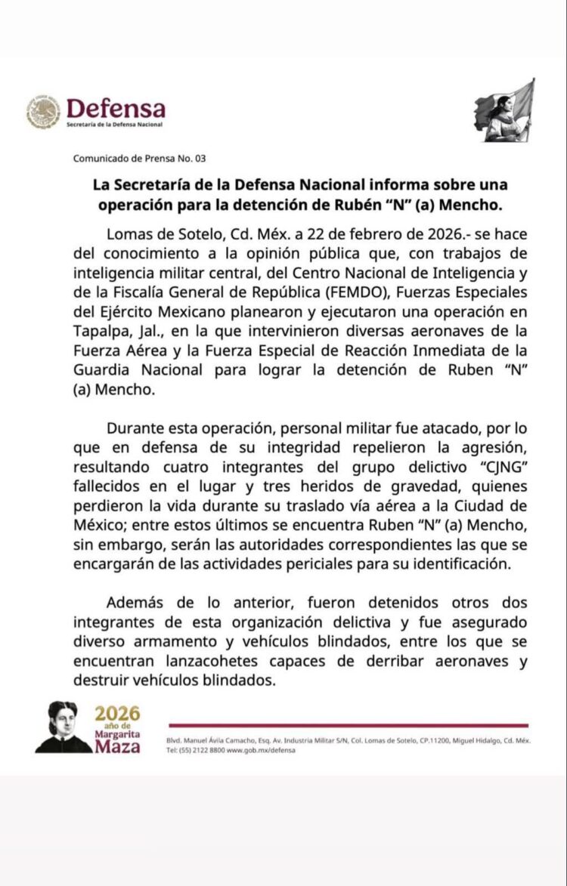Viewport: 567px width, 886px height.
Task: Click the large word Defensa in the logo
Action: pyautogui.click(x=116, y=109)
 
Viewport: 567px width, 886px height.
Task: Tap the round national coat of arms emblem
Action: pyautogui.click(x=44, y=112)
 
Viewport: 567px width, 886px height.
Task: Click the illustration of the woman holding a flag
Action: pyautogui.click(x=507, y=111)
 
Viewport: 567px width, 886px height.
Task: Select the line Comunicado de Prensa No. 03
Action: pyautogui.click(x=139, y=159)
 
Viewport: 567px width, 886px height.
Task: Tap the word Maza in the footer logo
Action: pyautogui.click(x=117, y=747)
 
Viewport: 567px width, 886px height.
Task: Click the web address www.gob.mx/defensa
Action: pyautogui.click(x=262, y=750)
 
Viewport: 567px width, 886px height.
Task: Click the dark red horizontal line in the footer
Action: pyautogui.click(x=348, y=725)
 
